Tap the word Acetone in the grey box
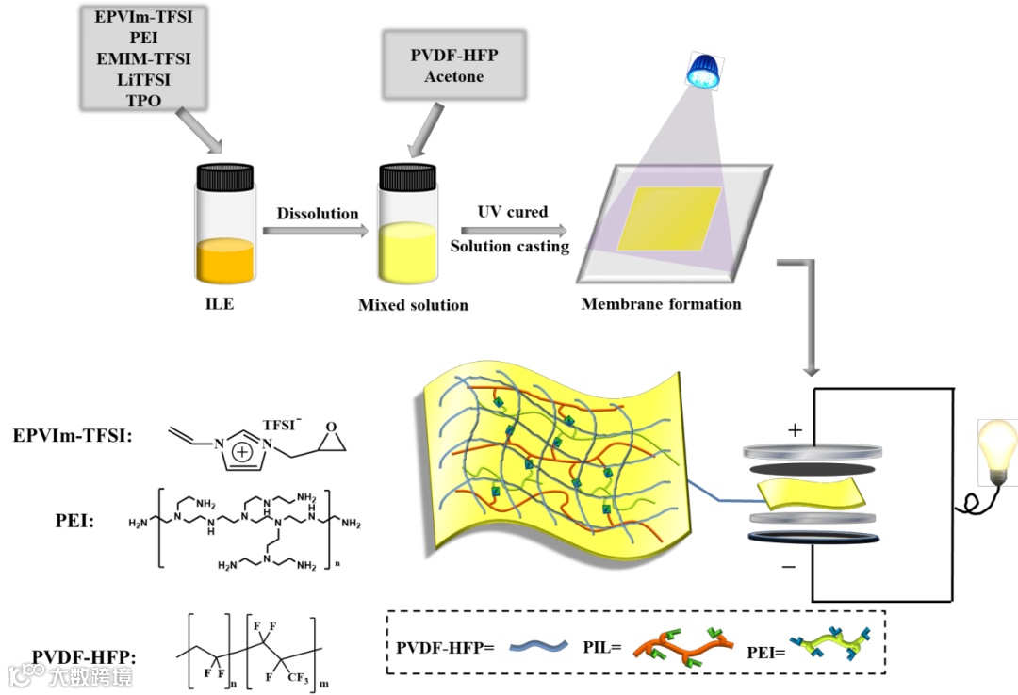tap(453, 76)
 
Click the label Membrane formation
tap(661, 304)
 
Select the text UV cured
tap(512, 212)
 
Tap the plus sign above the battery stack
tap(794, 430)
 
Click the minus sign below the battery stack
tap(788, 567)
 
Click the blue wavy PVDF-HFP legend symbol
tap(538, 646)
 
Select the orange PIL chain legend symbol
tap(678, 647)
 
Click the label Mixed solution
tap(413, 305)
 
